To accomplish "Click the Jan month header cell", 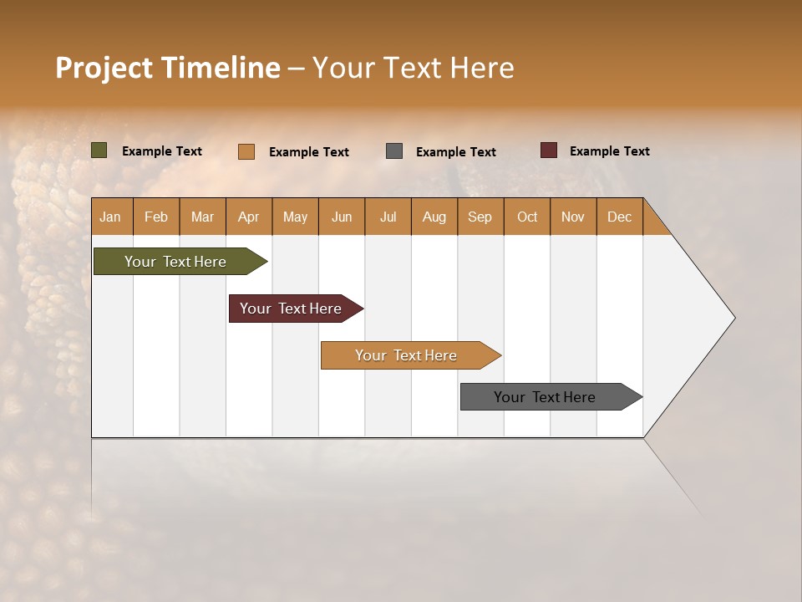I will (x=111, y=217).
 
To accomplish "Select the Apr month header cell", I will (x=249, y=217).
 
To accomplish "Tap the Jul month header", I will (x=388, y=217).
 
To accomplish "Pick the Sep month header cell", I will (x=480, y=217).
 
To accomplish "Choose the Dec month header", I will (x=619, y=217).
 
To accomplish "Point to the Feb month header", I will (x=156, y=217).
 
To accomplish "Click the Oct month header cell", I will (x=527, y=217).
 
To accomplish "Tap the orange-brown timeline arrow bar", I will (x=407, y=355).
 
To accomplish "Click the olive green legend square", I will (x=99, y=150).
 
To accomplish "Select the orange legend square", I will (x=246, y=151).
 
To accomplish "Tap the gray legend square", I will (x=394, y=150).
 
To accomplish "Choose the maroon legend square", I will (x=548, y=150).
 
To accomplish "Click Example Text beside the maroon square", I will (x=609, y=150).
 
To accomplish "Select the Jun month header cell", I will (x=342, y=217).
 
